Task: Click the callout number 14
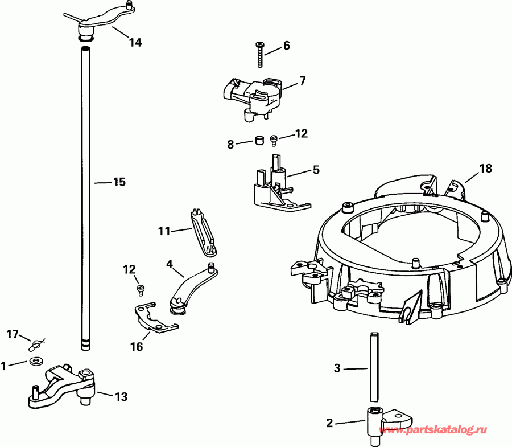coord(135,42)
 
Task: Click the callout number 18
coord(485,169)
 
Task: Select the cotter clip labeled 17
coord(37,344)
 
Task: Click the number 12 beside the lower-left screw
coord(130,268)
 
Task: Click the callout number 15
coord(118,182)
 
